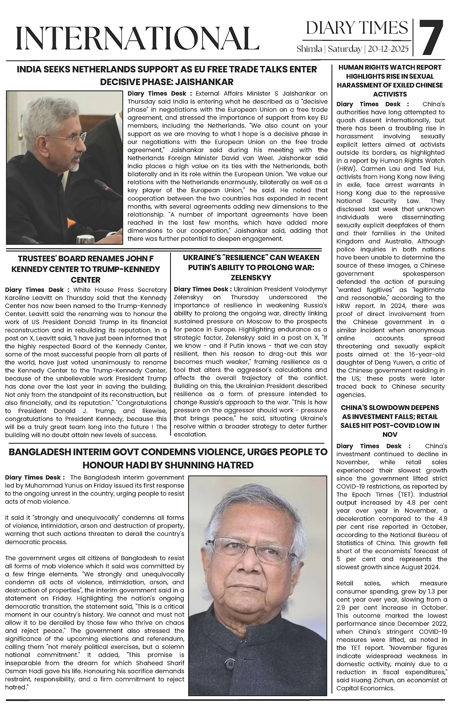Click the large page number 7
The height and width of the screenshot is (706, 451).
[431, 38]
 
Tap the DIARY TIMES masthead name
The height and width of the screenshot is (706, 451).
[356, 28]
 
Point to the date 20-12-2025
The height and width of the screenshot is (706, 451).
[388, 49]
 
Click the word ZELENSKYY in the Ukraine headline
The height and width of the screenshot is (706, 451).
[251, 277]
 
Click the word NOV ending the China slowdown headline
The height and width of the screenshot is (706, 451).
[390, 434]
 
